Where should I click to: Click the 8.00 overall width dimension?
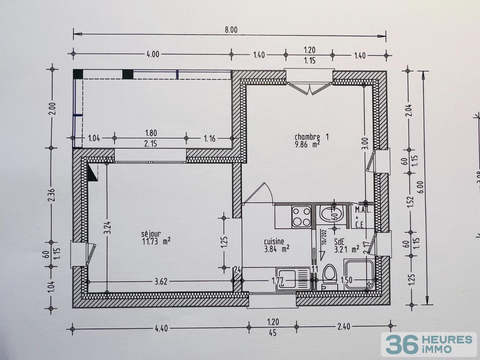pos(231,30)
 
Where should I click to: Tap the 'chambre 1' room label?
pos(311,137)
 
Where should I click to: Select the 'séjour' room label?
pos(151,233)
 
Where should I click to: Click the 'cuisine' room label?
pos(274,241)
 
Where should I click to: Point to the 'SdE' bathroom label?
pos(339,241)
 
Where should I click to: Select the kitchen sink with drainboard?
pos(293,279)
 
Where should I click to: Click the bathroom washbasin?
pos(330,214)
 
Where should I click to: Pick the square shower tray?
pos(359,274)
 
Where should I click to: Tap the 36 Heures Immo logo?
pos(429,344)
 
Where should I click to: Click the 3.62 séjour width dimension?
pos(161,281)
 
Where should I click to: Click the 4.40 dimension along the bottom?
pos(161,328)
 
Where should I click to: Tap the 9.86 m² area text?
pos(307,145)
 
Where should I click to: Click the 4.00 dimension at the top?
pos(153,54)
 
